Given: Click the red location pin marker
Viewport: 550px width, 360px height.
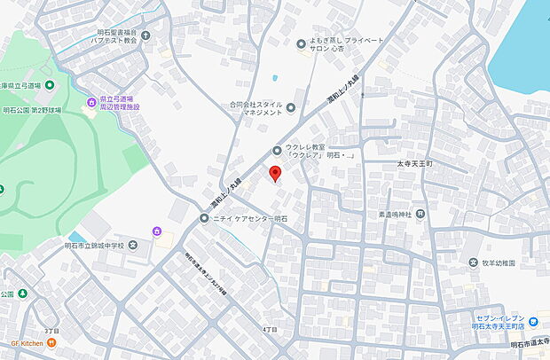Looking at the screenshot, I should point(275,173).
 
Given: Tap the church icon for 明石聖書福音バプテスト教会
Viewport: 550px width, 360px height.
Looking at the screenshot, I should point(146,35).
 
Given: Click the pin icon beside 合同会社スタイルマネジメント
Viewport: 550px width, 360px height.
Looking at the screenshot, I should point(291,108).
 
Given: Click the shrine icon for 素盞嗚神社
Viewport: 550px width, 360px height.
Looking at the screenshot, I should point(420,213).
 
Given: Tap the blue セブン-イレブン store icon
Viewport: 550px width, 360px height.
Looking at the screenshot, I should point(532,322).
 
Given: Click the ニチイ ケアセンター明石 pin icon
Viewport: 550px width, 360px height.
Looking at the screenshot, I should point(205,218).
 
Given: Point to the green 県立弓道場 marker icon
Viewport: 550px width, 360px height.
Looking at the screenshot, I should point(50,85).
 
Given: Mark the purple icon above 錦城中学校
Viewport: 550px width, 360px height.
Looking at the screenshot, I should point(157,232).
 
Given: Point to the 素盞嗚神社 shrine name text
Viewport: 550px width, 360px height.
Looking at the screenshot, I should point(387,214).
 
